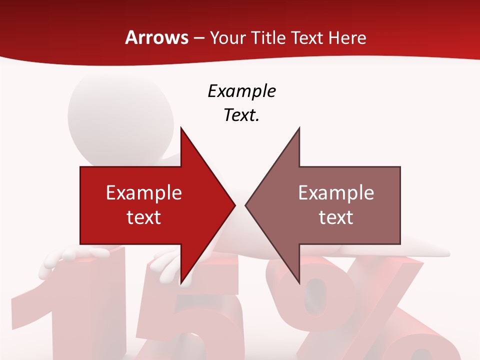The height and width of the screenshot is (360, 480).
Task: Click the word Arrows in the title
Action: (x=157, y=38)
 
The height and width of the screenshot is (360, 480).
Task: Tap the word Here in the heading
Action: (x=347, y=38)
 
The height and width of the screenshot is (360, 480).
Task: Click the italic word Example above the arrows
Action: (x=241, y=91)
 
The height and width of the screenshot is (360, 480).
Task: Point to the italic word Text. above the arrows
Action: (x=241, y=115)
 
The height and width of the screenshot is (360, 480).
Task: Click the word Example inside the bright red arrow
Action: (x=143, y=192)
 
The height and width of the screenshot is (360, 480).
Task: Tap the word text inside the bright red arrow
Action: (x=143, y=217)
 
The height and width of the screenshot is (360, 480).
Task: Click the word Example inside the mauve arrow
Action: (x=336, y=192)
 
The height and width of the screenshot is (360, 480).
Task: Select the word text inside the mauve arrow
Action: (x=336, y=217)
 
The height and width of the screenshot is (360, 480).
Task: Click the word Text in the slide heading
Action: (x=307, y=38)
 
